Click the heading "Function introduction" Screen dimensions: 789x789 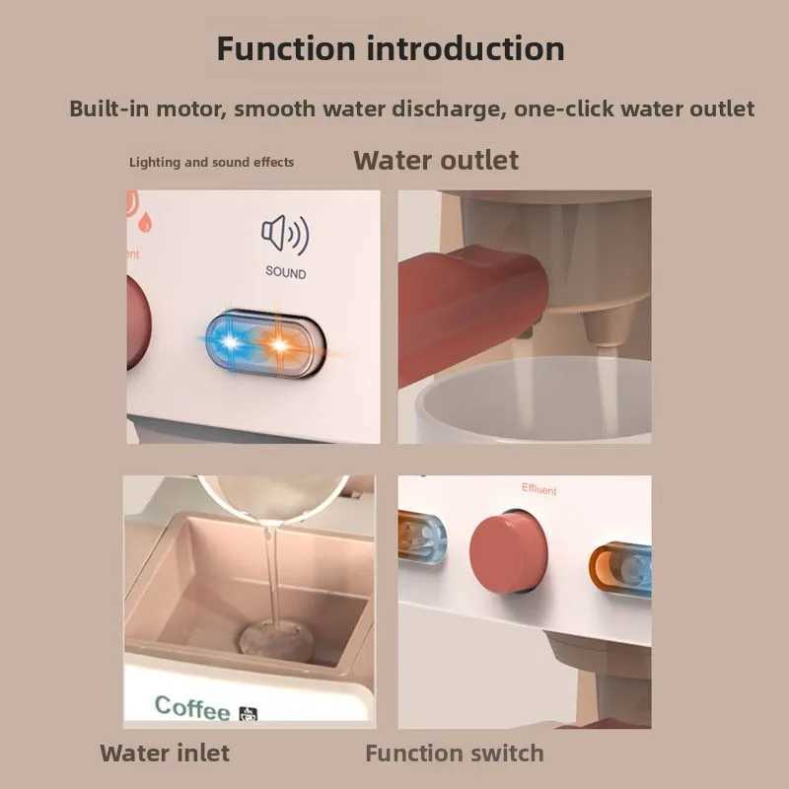click(x=391, y=48)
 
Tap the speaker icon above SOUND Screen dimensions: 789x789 click(x=285, y=235)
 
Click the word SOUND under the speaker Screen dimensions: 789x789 click(x=285, y=272)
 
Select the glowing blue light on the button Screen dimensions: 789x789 click(x=233, y=344)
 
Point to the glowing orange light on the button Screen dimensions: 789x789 click(x=279, y=345)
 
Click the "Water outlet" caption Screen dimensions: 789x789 click(x=436, y=160)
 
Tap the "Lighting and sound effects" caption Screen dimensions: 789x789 click(x=211, y=162)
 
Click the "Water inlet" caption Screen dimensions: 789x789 click(x=165, y=753)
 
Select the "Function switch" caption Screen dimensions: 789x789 click(x=454, y=753)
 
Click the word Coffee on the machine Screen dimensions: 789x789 click(x=192, y=706)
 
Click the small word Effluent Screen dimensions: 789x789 click(x=538, y=489)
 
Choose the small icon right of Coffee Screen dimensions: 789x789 click(x=249, y=712)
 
